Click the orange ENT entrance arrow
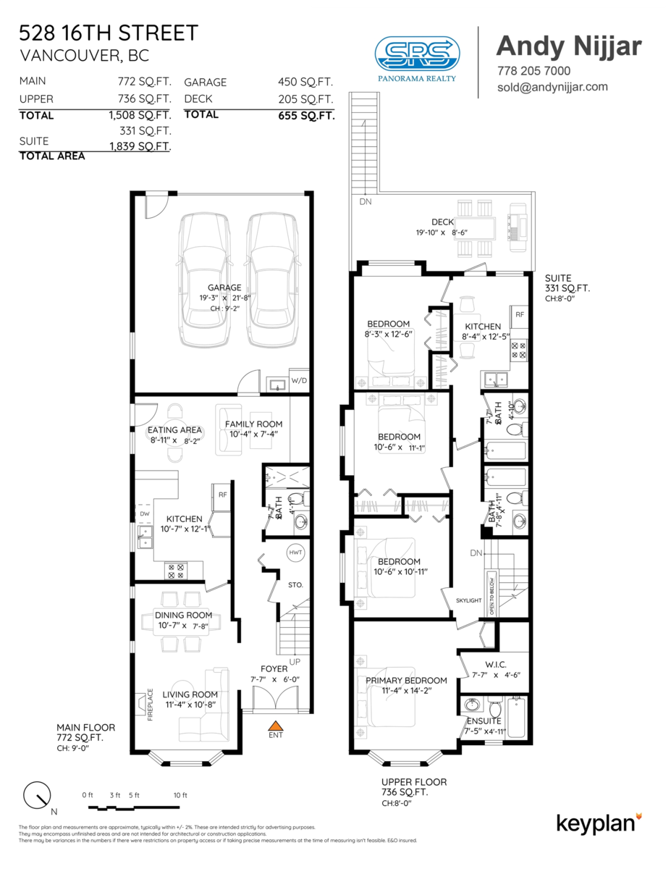275,725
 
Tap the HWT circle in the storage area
295,552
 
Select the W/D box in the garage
299,380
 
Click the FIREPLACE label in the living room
150,703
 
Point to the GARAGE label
224,287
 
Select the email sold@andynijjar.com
552,87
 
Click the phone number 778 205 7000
533,71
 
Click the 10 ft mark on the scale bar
180,795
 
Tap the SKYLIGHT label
468,600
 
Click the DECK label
442,222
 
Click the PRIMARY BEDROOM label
405,680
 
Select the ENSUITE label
484,721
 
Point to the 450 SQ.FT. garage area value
305,83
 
